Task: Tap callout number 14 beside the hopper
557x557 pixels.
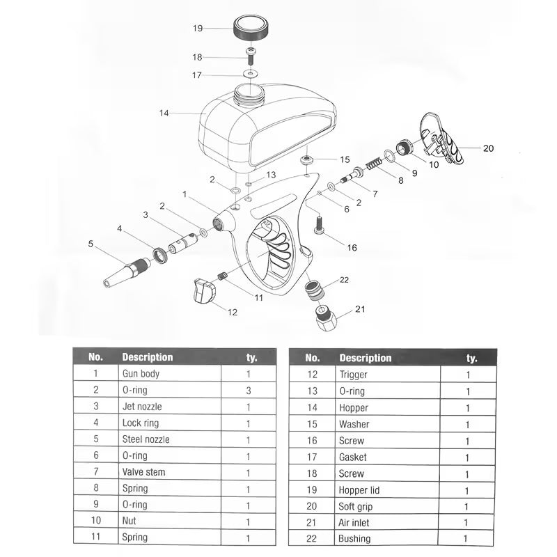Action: [164, 112]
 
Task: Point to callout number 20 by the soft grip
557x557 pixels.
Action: [488, 148]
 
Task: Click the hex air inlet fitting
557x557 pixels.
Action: [327, 319]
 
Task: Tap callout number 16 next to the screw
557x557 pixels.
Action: [352, 248]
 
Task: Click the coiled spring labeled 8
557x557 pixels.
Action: [374, 167]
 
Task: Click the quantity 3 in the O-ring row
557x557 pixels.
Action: [249, 390]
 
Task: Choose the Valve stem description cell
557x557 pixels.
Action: [145, 473]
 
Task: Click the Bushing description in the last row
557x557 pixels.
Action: [354, 539]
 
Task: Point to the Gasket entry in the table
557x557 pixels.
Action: [352, 457]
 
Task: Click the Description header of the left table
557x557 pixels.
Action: [148, 357]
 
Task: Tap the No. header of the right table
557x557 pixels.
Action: [313, 358]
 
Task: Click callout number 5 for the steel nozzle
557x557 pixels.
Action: [91, 244]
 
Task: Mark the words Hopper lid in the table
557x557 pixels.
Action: [359, 489]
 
